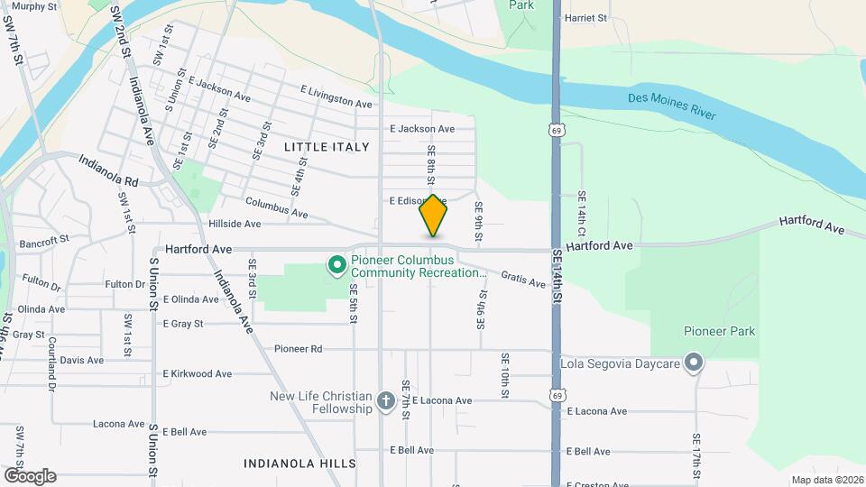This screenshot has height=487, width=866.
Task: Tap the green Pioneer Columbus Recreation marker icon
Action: [336, 265]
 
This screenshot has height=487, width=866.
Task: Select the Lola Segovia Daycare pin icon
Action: [693, 363]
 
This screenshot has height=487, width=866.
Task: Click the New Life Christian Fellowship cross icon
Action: [385, 401]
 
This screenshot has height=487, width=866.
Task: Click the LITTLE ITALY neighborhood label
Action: [327, 146]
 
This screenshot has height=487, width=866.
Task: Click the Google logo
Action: [30, 475]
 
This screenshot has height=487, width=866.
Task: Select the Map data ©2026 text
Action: [826, 480]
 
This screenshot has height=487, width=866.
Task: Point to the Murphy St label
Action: [35, 6]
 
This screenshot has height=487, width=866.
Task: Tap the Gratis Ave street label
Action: [523, 281]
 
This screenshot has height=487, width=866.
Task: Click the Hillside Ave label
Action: [235, 224]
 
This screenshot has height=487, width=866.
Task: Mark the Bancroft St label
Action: [43, 242]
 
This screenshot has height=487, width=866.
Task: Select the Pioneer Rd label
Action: [299, 348]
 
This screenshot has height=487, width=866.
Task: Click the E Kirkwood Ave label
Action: [198, 373]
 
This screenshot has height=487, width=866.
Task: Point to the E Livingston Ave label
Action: [336, 97]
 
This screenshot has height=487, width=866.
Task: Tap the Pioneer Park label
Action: [719, 331]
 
